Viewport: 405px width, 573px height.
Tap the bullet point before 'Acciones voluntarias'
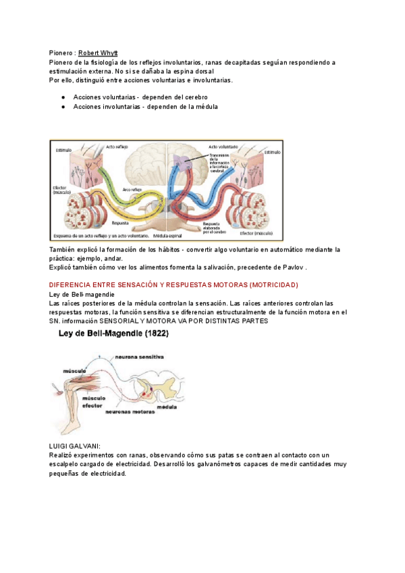[62, 97]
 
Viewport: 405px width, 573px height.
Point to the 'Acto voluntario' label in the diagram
[223, 146]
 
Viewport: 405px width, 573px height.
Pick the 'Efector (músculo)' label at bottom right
[256, 233]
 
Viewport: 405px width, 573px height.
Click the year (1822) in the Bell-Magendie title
[153, 333]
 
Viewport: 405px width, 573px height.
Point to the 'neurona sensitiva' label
[140, 357]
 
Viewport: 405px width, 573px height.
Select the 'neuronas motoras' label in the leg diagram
[128, 411]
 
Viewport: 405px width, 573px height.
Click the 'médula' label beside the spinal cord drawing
[166, 407]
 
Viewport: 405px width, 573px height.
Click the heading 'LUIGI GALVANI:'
[76, 446]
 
